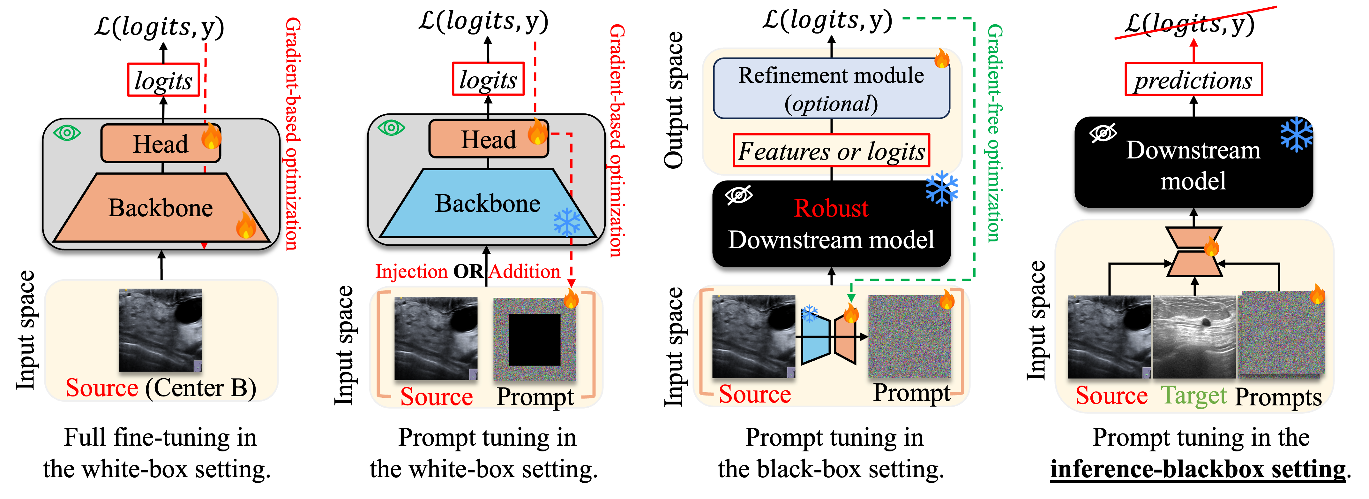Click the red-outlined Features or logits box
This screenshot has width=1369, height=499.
[831, 151]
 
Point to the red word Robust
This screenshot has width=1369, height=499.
[831, 208]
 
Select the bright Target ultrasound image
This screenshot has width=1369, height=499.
[1194, 337]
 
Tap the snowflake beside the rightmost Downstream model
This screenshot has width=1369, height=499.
[1296, 134]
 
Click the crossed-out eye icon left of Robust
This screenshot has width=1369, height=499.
[739, 195]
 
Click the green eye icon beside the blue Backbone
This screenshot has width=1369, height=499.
[391, 128]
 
